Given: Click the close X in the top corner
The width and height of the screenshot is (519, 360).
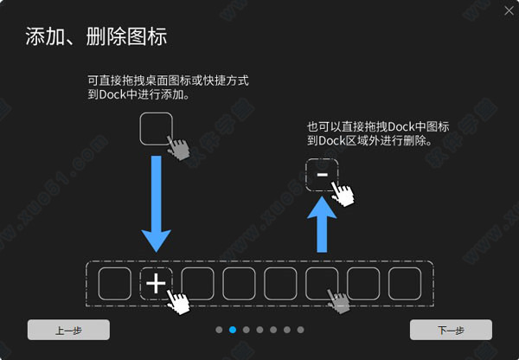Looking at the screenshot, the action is tap(509, 11).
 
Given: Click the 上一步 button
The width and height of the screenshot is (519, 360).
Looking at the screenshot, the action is tap(68, 330).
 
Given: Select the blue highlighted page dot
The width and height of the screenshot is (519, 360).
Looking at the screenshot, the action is tap(233, 330).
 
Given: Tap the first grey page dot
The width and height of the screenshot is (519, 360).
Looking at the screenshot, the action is tap(219, 330).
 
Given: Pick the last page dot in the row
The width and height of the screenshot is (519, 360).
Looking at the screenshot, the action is tap(300, 330).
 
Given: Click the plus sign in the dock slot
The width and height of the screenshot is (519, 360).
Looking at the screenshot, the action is tap(156, 284).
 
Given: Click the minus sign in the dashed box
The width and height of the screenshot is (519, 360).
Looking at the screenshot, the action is tap(322, 175).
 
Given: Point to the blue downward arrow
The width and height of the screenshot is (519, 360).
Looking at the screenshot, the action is tap(157, 203).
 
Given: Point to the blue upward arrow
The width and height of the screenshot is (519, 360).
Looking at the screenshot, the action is tap(322, 224).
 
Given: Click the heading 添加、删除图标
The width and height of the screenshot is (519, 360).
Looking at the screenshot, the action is tap(96, 36).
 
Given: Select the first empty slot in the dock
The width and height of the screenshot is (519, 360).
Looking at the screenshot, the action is tap(115, 284).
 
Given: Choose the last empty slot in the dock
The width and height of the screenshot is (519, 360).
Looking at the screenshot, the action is tap(405, 284).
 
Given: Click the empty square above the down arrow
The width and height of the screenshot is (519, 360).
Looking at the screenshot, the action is tap(157, 129).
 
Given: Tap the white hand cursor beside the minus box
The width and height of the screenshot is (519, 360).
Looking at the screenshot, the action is tap(343, 194).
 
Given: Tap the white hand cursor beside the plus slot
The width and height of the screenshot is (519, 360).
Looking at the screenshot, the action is tap(178, 302).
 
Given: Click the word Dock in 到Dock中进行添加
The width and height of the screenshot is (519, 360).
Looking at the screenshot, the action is tap(112, 94).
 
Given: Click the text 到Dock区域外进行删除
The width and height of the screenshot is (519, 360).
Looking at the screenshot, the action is tap(369, 141).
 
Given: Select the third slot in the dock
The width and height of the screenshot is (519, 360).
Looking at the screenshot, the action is tap(197, 284).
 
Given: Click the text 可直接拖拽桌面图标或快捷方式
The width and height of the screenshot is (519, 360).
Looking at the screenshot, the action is tap(168, 80).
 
